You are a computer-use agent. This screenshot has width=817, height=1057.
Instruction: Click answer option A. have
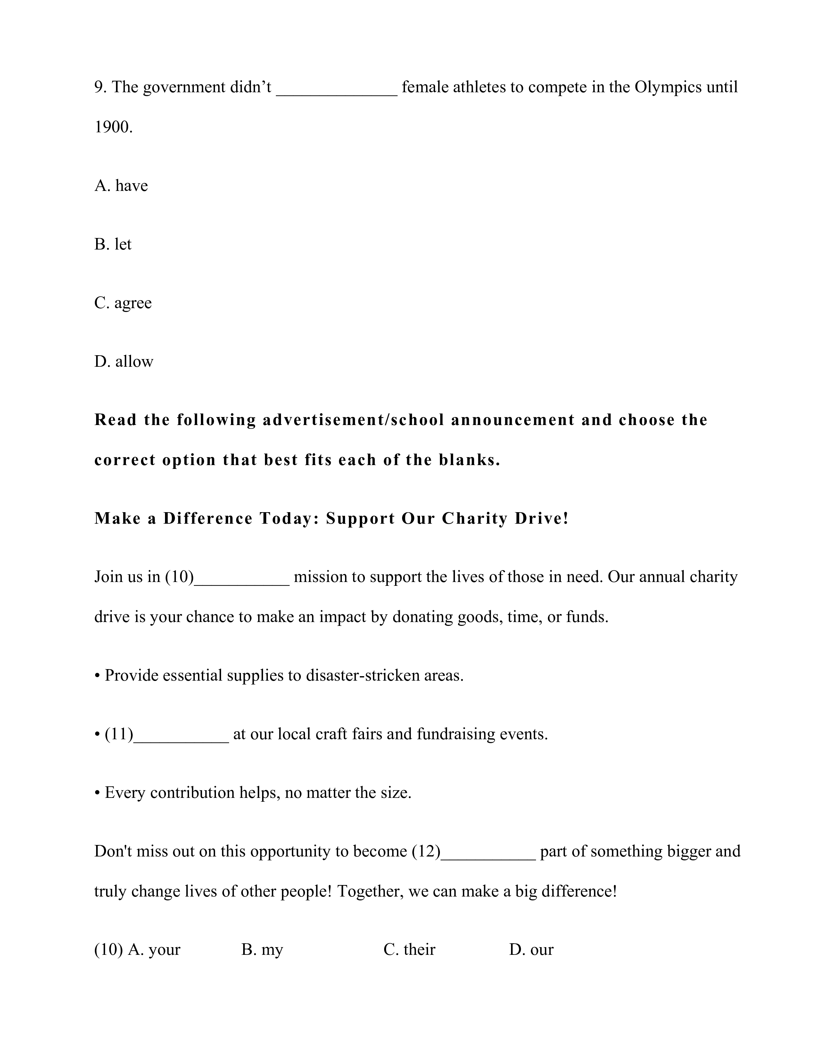121,185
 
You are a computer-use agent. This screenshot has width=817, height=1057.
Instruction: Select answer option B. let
113,244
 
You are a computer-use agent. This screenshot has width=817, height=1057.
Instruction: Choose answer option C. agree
123,303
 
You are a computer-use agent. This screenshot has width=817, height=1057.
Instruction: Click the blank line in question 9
336,90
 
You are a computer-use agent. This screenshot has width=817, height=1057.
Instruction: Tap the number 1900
113,127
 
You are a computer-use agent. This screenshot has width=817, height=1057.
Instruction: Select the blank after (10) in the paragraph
242,579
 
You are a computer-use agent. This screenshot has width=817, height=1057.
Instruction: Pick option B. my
262,950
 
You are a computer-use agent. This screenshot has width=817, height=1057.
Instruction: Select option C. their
409,950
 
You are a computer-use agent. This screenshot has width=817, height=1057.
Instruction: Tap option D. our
531,950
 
